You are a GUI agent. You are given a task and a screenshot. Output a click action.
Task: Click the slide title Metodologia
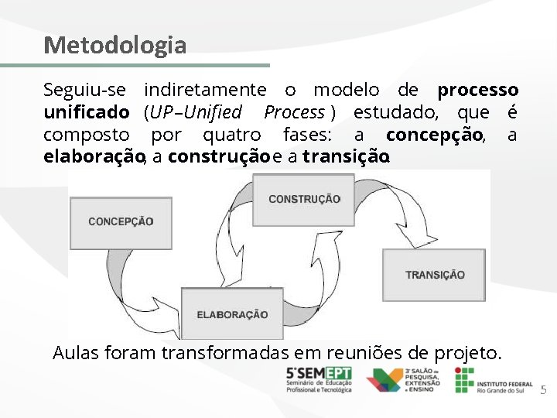click(114, 45)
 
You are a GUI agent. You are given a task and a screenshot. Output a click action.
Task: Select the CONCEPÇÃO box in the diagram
click(121, 221)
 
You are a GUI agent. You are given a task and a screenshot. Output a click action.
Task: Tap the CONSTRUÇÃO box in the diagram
click(303, 199)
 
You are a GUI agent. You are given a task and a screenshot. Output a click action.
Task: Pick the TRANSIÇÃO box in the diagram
click(434, 275)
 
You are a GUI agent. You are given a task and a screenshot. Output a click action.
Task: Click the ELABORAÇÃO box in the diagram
click(231, 313)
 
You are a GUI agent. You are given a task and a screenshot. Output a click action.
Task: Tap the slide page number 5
click(542, 391)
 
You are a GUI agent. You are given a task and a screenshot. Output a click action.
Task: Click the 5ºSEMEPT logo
click(318, 379)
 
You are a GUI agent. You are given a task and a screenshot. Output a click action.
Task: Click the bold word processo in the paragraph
click(477, 90)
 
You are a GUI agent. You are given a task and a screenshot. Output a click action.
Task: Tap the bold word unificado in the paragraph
click(86, 112)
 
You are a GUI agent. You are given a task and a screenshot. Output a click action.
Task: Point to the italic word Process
click(294, 112)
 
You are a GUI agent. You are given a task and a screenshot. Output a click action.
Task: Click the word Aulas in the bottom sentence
click(76, 354)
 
